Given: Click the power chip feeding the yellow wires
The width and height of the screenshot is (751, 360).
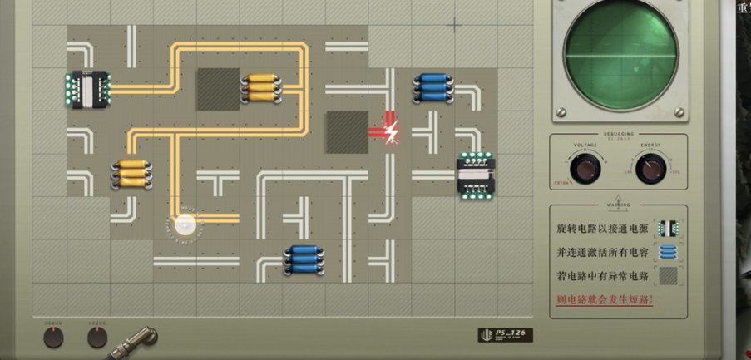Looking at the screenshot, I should (86, 89).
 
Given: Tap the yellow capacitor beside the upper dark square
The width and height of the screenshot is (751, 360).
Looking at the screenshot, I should (260, 86).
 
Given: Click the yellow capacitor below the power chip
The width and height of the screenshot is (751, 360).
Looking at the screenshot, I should (130, 174).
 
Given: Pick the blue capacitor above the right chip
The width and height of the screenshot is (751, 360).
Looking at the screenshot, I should (432, 87).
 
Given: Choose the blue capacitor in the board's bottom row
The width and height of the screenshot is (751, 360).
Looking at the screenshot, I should (303, 260).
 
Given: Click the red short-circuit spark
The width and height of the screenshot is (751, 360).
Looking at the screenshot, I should (389, 131).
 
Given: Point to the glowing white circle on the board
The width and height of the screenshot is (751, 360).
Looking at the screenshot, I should (185, 224).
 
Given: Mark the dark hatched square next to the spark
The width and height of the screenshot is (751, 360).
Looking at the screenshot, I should (346, 131).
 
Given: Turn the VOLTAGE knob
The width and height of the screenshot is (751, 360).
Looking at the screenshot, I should (585, 169).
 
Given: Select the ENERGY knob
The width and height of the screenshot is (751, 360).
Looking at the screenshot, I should (650, 169).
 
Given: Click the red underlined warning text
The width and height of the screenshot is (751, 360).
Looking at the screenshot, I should (604, 299).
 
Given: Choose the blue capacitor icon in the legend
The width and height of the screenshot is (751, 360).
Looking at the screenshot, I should (667, 252).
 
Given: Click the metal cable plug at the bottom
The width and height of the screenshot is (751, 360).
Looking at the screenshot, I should (138, 340).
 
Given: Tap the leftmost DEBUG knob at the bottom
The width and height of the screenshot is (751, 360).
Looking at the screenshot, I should (52, 337).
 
